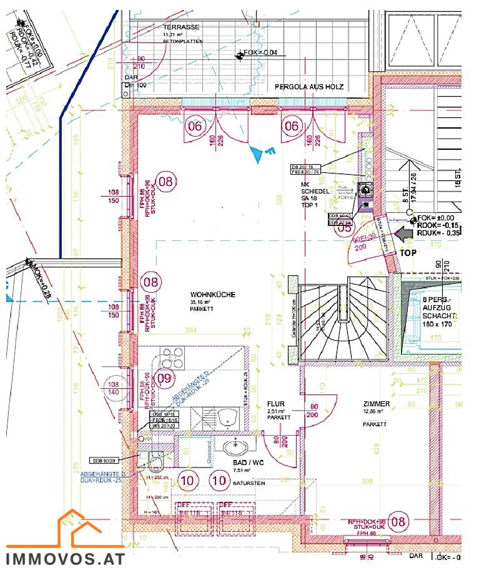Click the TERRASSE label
click(181, 28)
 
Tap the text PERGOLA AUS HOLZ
click(309, 87)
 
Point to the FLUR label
click(275, 404)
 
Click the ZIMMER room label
click(376, 404)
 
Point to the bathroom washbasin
click(234, 447)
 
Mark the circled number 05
click(344, 227)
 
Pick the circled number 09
click(164, 378)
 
